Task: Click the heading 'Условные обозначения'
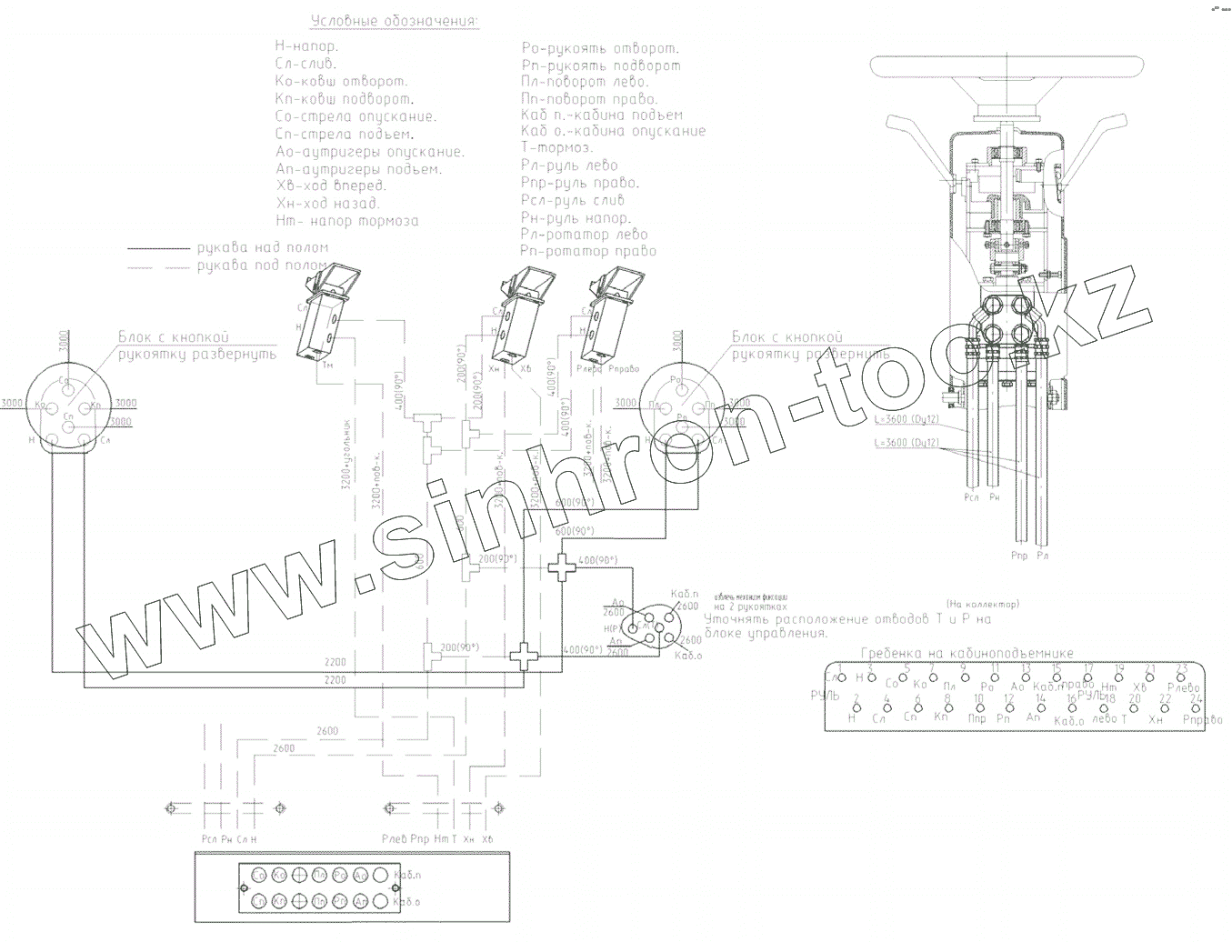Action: [394, 22]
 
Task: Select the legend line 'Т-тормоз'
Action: [557, 148]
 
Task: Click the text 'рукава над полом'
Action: [263, 247]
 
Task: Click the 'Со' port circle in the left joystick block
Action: [65, 382]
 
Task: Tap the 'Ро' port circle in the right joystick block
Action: [676, 381]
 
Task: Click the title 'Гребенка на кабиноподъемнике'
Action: [967, 653]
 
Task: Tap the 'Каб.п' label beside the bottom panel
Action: [408, 875]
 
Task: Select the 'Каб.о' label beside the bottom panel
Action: [408, 901]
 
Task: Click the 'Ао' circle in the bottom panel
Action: [361, 875]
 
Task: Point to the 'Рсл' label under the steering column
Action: [971, 498]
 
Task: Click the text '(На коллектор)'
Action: [982, 604]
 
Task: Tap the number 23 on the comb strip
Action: [1182, 668]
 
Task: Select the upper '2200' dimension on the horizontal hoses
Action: [335, 662]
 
